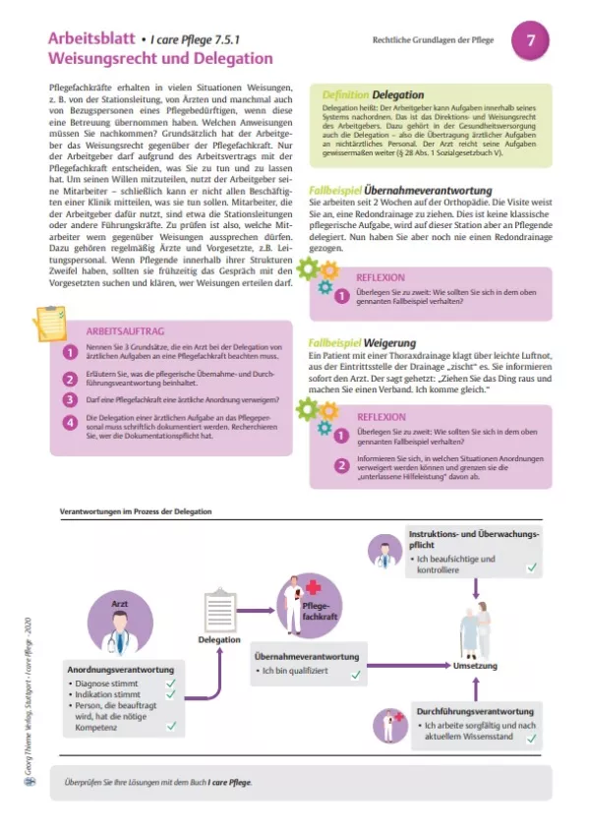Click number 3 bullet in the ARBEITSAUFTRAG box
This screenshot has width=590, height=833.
pos(70,398)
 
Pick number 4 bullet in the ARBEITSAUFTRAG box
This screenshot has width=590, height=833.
pos(70,423)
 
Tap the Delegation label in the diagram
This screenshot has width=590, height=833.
pos(218,639)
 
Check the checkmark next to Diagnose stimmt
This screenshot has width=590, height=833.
pos(171,682)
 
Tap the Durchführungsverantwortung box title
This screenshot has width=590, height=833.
pos(475,710)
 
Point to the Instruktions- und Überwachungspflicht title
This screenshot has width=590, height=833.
pos(472,539)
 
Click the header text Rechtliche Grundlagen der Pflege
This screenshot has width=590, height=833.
pos(433,40)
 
